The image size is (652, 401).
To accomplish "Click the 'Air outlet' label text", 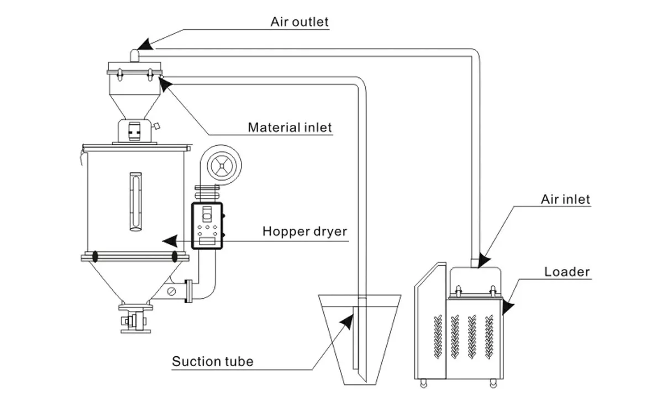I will (299, 22).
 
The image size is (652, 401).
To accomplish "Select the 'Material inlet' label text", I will (290, 128).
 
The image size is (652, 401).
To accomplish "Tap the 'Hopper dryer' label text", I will (304, 231).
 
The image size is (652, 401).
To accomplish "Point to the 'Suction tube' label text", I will (213, 362).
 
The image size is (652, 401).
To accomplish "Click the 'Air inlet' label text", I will (565, 199).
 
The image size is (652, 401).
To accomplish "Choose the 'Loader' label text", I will (567, 271).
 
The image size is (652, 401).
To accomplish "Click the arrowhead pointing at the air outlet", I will (143, 44).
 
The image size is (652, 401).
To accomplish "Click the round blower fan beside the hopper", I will (220, 165).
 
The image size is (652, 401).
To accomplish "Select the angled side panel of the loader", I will (430, 320).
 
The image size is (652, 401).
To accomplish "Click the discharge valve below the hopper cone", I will (135, 319).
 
